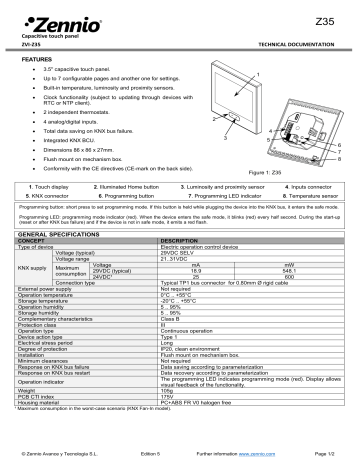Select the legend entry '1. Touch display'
[x=50, y=186]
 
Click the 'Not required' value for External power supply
[x=180, y=317]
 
